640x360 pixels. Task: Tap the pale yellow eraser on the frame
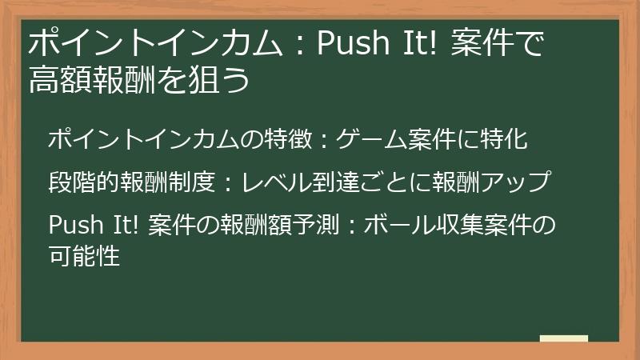tap(564, 339)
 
